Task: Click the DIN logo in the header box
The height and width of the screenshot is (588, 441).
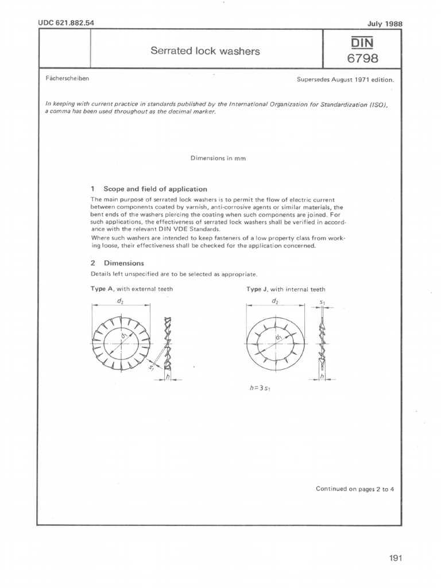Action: click(361, 42)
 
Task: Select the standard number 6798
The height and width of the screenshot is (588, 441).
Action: click(361, 59)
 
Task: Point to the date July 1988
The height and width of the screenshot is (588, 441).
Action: click(384, 24)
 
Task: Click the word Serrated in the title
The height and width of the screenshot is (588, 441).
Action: click(171, 51)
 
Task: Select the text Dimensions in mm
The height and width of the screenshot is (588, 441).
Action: click(218, 158)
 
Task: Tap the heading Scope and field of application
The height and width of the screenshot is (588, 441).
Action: click(155, 188)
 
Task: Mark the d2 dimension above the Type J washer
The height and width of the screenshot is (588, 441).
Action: click(276, 301)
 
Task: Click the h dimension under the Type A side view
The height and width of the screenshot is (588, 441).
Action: click(167, 376)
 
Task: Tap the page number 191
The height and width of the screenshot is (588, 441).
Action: click(394, 558)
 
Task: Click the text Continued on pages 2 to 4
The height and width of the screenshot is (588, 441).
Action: click(355, 489)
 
